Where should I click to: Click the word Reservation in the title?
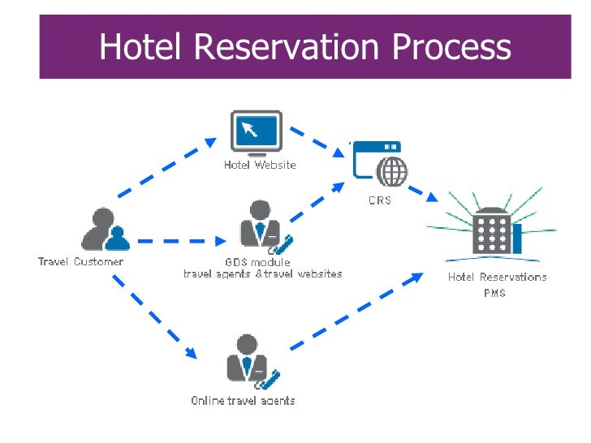(x=281, y=46)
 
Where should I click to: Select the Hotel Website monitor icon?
(x=257, y=131)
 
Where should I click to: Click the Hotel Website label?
(x=260, y=165)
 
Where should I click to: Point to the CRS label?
(x=379, y=200)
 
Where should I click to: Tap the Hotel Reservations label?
(x=497, y=277)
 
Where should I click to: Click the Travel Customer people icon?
(x=106, y=230)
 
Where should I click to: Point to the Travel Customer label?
(x=81, y=262)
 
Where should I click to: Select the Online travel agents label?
(x=243, y=401)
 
